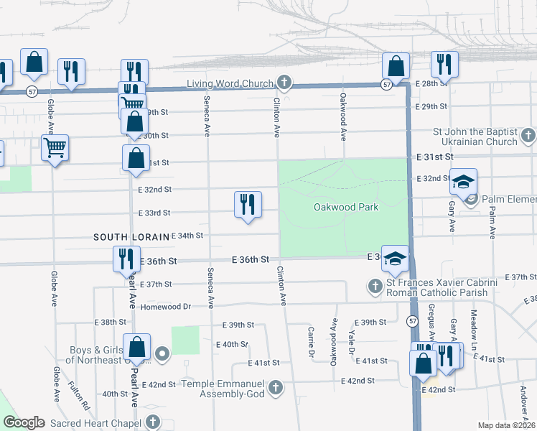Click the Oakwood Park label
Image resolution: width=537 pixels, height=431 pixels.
[345, 207]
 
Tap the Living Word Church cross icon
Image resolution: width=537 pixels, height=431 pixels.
[284, 83]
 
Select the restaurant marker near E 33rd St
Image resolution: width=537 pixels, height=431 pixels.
[247, 205]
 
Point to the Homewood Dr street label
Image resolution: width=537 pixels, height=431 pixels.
[167, 306]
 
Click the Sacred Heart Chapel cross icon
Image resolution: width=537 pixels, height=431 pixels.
[152, 422]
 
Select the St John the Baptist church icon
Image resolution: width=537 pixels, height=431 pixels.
[528, 136]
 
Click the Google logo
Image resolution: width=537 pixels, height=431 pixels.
[24, 422]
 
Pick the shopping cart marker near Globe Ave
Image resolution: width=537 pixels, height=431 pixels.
[55, 149]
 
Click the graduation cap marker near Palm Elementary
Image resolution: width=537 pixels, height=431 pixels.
[464, 182]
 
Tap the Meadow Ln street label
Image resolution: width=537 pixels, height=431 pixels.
[473, 325]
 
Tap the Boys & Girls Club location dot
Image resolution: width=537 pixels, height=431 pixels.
[162, 353]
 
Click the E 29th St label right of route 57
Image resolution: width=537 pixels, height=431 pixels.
[431, 106]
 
